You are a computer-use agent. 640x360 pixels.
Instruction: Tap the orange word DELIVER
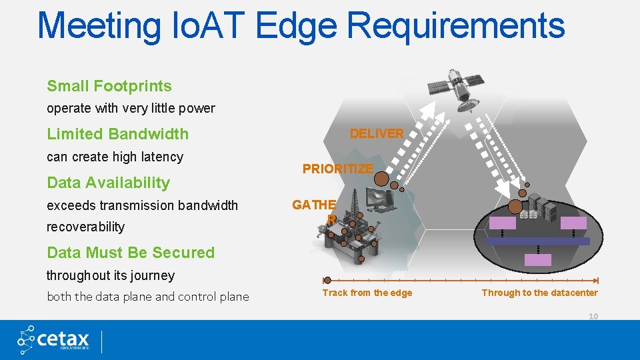tap(377, 133)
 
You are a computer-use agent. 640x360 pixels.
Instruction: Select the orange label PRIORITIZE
tap(337, 169)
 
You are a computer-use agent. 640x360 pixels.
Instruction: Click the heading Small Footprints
tap(109, 86)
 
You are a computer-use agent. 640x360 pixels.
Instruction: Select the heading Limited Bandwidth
tap(117, 134)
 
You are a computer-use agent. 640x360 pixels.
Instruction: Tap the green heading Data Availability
tap(108, 183)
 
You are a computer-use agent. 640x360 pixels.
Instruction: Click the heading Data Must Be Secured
tap(131, 253)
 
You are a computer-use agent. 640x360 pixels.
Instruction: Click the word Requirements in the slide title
tap(456, 25)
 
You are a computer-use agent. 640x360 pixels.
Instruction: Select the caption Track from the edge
tap(367, 293)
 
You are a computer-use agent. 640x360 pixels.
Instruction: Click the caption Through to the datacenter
tap(539, 293)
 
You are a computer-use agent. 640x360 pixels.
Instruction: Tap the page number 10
tap(593, 316)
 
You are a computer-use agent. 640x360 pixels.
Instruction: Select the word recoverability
tap(85, 227)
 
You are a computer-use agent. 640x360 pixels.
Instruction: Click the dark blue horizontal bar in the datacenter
tap(539, 241)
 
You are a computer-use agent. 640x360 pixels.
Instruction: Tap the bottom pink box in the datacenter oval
tap(538, 260)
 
